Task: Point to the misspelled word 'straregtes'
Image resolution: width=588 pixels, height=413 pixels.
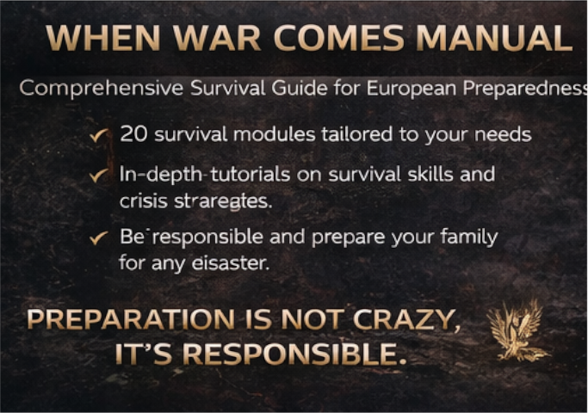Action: pyautogui.click(x=234, y=201)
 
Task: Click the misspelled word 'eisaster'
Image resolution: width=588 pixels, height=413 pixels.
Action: pyautogui.click(x=232, y=263)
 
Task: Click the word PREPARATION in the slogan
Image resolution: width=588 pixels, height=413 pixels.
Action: pyautogui.click(x=129, y=320)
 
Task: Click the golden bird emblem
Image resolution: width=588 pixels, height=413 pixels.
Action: pyautogui.click(x=517, y=331)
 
